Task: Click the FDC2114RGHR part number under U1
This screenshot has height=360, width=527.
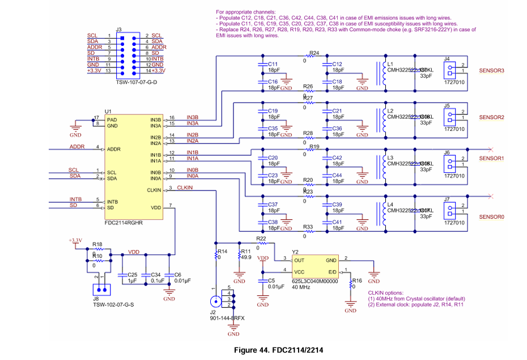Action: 124,223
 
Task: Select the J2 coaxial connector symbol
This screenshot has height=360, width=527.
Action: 216,301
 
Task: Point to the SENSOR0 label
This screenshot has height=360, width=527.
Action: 491,217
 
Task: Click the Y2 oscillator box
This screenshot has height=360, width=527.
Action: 315,266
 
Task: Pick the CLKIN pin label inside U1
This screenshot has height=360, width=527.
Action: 154,190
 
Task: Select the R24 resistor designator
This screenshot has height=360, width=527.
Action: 314,53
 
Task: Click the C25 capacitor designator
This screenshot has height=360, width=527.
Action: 133,274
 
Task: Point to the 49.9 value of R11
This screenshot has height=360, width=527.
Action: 246,257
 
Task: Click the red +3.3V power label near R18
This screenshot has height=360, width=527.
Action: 75,240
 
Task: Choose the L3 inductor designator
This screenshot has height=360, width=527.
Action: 390,158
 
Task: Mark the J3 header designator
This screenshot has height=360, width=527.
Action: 118,29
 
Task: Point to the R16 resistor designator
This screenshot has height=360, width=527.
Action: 356,281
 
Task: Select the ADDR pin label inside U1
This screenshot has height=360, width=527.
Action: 113,149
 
